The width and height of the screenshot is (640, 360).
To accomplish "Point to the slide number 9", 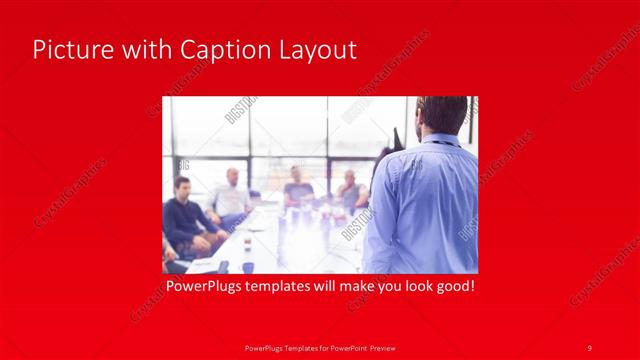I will (x=589, y=347).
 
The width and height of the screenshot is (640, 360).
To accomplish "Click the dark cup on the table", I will (x=247, y=266).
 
